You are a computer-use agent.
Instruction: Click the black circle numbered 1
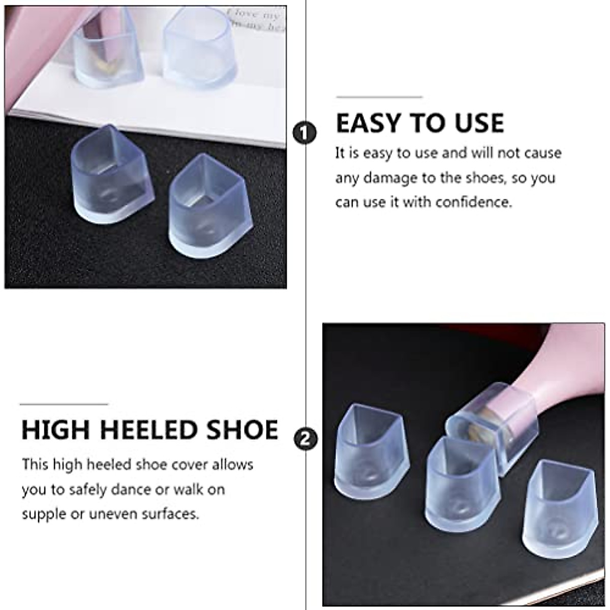pyautogui.click(x=304, y=134)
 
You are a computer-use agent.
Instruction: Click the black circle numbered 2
pyautogui.click(x=306, y=439)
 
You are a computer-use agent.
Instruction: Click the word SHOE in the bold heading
pyautogui.click(x=246, y=430)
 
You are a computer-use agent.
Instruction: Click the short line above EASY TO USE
pyautogui.click(x=379, y=97)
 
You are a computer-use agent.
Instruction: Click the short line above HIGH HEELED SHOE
pyautogui.click(x=64, y=405)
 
